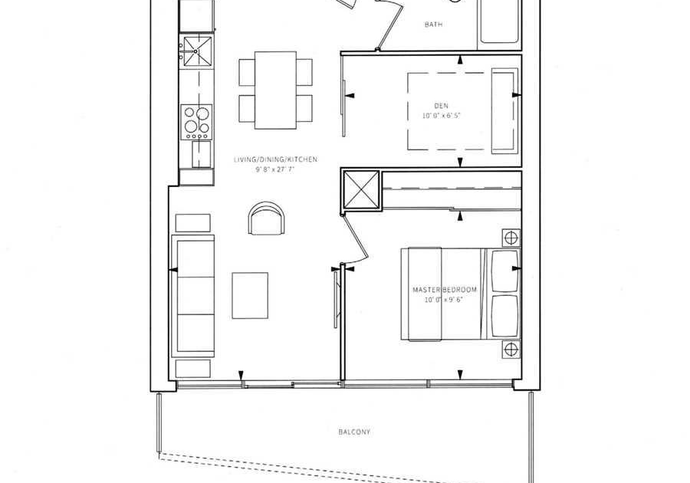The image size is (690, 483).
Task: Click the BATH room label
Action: tap(433, 25)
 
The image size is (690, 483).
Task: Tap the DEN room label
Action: tap(442, 106)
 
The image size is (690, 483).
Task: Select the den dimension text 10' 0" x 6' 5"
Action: tap(442, 116)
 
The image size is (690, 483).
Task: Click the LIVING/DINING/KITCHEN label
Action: tap(275, 159)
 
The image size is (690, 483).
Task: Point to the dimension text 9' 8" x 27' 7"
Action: tap(275, 169)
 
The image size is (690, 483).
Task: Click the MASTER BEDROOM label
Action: tap(445, 290)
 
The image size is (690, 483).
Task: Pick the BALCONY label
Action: tap(354, 432)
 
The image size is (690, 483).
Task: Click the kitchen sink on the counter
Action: tap(197, 52)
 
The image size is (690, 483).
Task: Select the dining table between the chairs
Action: tap(275, 90)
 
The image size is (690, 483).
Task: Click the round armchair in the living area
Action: tap(267, 219)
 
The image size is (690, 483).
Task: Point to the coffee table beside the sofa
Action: tap(250, 296)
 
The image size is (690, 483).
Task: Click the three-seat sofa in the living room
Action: tap(192, 296)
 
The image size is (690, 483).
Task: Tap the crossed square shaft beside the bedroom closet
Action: tap(360, 189)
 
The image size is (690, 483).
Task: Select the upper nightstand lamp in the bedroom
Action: tap(511, 238)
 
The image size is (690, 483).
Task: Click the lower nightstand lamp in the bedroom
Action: tap(511, 350)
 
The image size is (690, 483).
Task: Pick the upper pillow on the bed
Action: tap(504, 271)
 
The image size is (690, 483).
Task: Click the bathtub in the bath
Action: tap(500, 21)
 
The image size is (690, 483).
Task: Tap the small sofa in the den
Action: tap(504, 111)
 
